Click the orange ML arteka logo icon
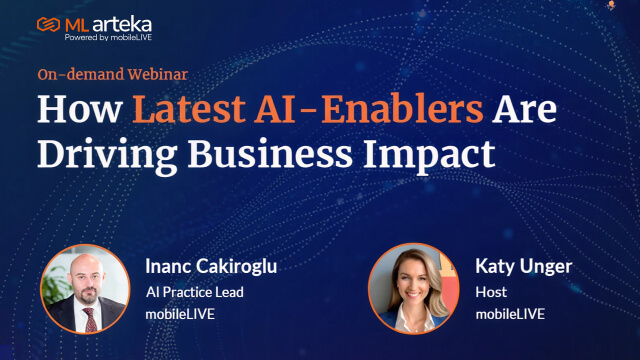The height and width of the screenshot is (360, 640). coord(48,25)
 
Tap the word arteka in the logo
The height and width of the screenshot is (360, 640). coord(122,25)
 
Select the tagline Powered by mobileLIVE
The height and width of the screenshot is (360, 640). coord(108,38)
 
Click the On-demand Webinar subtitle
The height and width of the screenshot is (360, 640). coord(113,74)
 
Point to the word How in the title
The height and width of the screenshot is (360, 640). coord(80,109)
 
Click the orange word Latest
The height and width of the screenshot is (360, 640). coord(189,109)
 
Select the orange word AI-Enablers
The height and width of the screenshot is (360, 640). coord(369,109)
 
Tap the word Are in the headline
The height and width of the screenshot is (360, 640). coord(524,109)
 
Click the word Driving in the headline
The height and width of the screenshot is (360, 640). coord(107,156)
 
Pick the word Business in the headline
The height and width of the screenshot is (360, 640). coord(270,154)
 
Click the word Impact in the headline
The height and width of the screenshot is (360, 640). coord(429,156)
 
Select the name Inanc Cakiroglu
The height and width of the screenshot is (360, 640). coord(211,267)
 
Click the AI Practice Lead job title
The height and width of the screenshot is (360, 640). coord(195,292)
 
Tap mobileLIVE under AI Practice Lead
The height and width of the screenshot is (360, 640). coord(180,314)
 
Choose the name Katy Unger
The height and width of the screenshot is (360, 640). coord(524,267)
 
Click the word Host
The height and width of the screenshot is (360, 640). coord(491,292)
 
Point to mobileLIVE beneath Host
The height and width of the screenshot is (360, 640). coord(510,314)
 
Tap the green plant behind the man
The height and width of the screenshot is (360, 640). coord(56,286)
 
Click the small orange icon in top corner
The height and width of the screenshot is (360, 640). coord(611,5)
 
